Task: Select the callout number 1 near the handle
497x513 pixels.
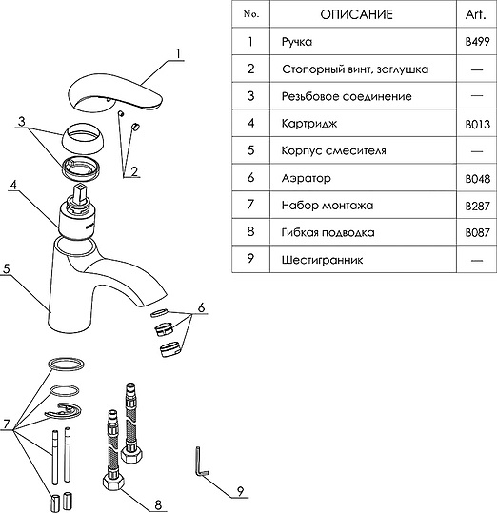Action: pos(178,53)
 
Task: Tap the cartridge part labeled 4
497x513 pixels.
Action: pos(77,212)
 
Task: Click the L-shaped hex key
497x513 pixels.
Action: pos(200,462)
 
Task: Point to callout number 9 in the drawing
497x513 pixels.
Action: pos(240,491)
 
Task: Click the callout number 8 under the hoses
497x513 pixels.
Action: pos(158,504)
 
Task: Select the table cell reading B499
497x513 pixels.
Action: pos(477,42)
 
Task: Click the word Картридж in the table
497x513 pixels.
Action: pos(309,124)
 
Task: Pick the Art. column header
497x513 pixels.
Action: pos(476,14)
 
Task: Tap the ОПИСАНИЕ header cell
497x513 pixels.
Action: pos(356,14)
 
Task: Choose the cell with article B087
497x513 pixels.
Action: pos(477,232)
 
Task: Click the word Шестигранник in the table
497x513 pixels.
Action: pos(322,260)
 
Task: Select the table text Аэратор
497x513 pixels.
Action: pos(307,179)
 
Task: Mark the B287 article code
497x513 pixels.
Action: pos(477,207)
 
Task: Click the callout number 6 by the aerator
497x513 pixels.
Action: pos(201,307)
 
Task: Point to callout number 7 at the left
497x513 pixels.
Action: pos(7,424)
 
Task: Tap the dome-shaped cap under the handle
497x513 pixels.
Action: pos(83,139)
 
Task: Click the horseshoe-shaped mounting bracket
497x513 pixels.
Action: pos(64,410)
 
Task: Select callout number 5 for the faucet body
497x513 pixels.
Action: pos(7,269)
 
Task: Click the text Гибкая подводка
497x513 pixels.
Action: pos(328,232)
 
